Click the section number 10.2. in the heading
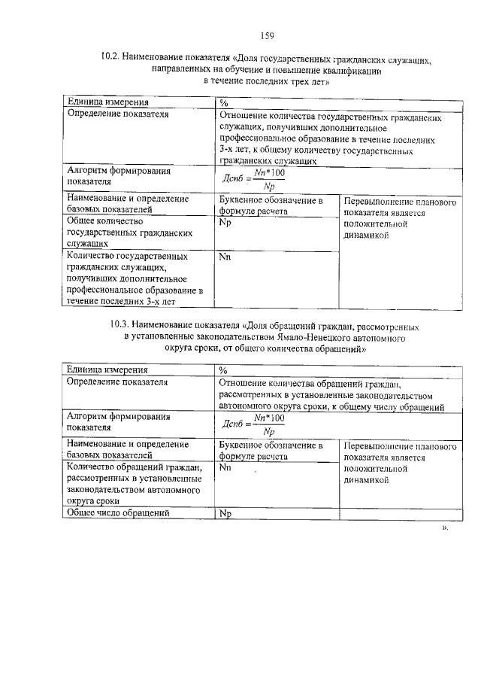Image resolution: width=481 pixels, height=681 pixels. tap(110, 56)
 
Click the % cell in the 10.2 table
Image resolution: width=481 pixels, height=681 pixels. tap(223, 102)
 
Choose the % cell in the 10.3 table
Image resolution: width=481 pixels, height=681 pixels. tap(223, 370)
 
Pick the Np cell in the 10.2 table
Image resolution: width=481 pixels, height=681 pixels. tap(224, 223)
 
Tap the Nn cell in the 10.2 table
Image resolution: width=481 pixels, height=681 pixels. tap(224, 257)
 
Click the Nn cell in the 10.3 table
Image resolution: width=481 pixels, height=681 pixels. tap(225, 467)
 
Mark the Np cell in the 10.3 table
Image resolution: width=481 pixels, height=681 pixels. tap(224, 514)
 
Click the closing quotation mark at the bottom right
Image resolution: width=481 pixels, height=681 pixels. tap(444, 529)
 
